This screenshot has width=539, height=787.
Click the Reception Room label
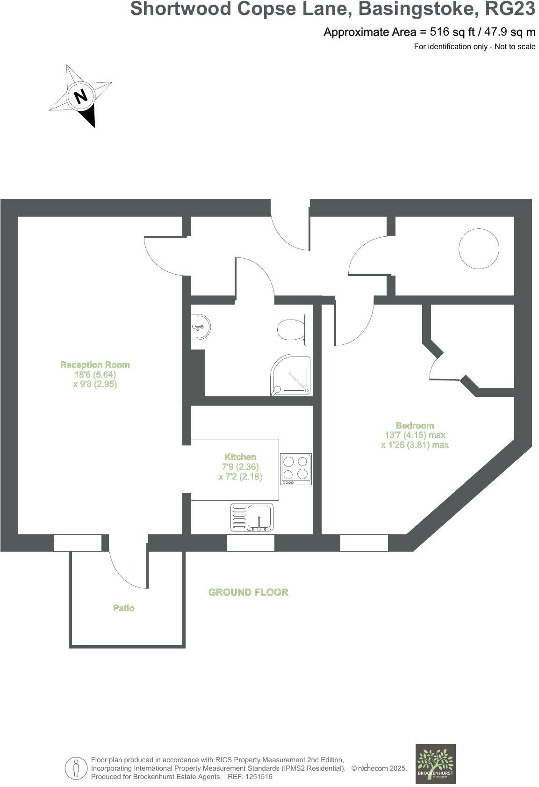click(x=95, y=365)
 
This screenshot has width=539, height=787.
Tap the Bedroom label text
click(x=415, y=425)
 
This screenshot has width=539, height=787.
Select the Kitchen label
click(x=240, y=457)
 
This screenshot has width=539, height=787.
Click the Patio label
click(x=124, y=608)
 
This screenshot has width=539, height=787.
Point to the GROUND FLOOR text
click(x=248, y=592)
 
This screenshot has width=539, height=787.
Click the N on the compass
click(x=81, y=96)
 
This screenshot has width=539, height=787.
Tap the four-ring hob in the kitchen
click(x=296, y=469)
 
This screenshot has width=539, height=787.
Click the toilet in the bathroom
click(x=290, y=329)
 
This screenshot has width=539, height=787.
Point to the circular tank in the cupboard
click(x=479, y=248)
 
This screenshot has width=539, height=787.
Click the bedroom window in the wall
click(x=364, y=543)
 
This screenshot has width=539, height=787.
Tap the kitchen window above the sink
click(x=251, y=543)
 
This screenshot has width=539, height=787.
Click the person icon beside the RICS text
click(x=76, y=768)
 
